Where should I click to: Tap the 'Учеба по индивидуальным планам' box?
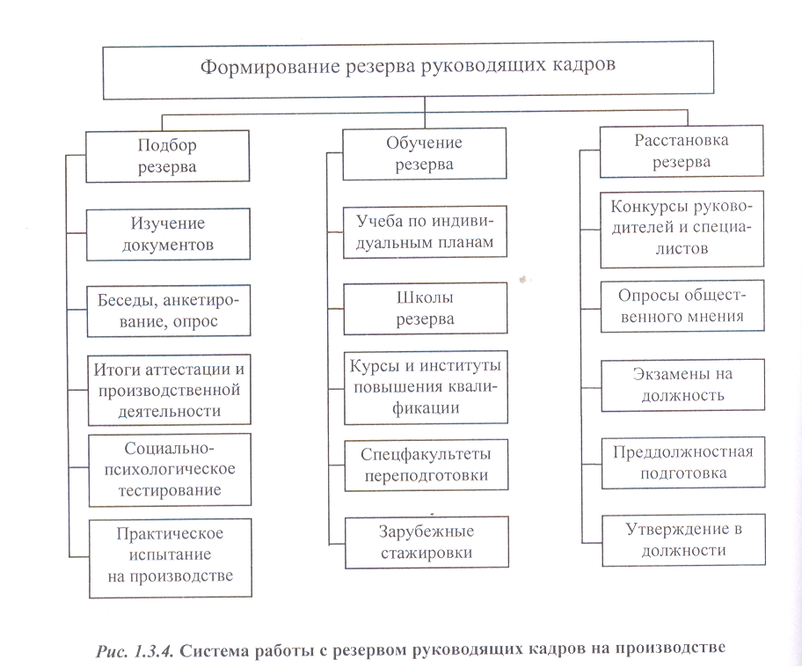[x=425, y=231]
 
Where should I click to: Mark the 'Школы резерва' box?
[x=425, y=307]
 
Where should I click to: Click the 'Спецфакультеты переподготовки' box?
[x=425, y=465]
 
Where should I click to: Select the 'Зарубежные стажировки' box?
[x=425, y=542]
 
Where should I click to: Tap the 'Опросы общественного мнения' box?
[x=682, y=305]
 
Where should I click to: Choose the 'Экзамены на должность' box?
[x=682, y=384]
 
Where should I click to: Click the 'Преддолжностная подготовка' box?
[x=682, y=462]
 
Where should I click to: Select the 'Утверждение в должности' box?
[x=682, y=539]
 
